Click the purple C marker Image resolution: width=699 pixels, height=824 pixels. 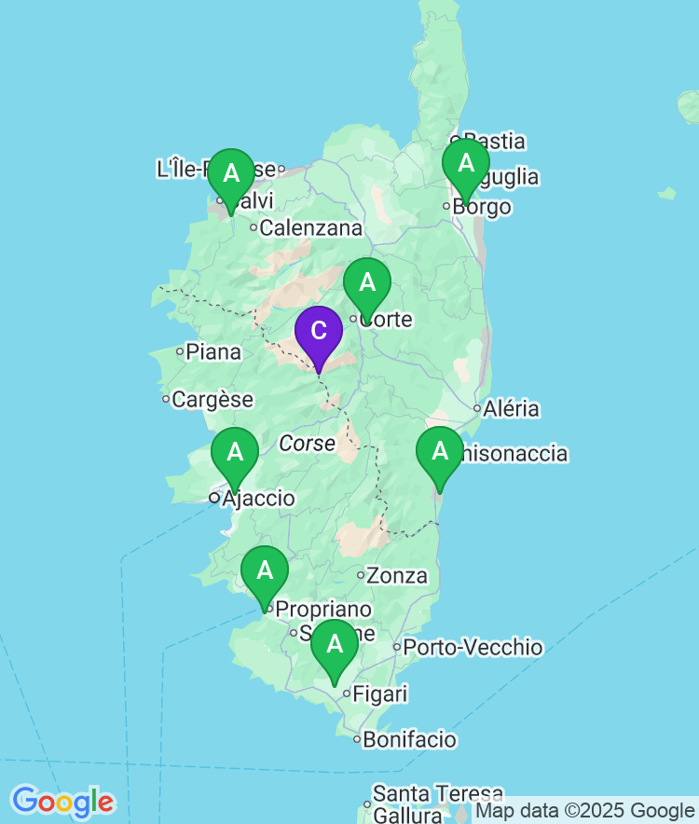click(319, 332)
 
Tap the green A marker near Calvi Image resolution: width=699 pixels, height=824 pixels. click(230, 174)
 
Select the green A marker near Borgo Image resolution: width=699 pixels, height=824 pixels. click(465, 164)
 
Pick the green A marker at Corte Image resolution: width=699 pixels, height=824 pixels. click(367, 283)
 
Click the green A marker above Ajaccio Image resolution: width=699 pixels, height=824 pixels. click(235, 453)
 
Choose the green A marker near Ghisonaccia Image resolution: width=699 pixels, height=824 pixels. click(439, 452)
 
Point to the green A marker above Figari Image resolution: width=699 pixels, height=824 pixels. click(334, 645)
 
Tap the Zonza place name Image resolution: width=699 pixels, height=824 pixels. click(397, 576)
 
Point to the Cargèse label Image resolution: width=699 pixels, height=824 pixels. click(212, 400)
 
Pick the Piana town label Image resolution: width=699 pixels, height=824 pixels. click(213, 352)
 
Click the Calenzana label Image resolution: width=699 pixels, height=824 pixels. click(310, 227)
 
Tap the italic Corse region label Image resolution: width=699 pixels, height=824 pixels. click(307, 444)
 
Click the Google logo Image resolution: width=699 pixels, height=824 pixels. click(62, 802)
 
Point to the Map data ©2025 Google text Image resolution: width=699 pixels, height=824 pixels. click(585, 812)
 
